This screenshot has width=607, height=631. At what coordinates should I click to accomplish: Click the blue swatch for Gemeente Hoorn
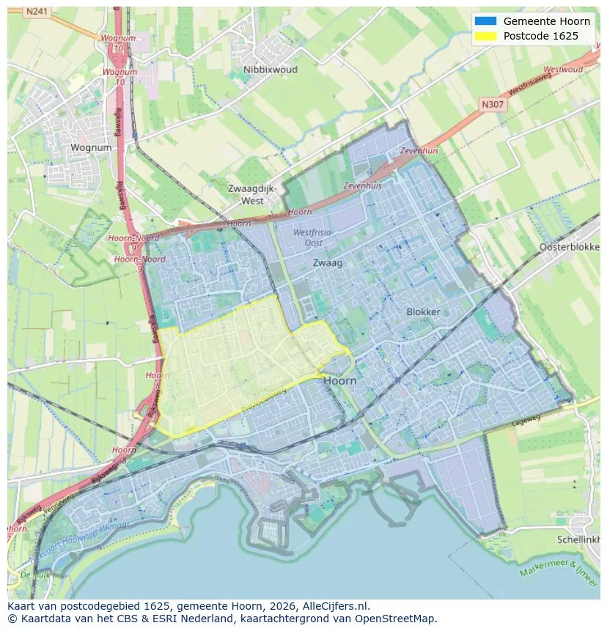click(x=485, y=21)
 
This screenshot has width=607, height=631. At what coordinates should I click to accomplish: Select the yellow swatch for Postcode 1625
click(x=485, y=36)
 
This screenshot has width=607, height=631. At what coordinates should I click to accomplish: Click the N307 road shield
click(x=493, y=105)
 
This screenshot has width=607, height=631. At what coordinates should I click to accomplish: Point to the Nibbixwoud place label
click(x=253, y=70)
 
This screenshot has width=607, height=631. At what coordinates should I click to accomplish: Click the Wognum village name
click(x=92, y=147)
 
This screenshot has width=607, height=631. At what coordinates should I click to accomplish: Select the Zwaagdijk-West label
click(x=252, y=194)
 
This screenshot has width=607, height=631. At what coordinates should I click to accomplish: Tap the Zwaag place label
click(x=327, y=262)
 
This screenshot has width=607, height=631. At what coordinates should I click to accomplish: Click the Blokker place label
click(x=423, y=311)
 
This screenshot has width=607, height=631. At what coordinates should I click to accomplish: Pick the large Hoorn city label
click(x=339, y=381)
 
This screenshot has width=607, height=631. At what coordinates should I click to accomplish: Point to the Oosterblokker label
click(x=569, y=247)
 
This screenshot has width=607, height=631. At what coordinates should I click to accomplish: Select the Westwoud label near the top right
click(x=564, y=70)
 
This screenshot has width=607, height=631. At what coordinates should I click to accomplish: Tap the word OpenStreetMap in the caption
click(x=400, y=619)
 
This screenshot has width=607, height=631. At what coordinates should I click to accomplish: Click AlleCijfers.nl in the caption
click(x=336, y=606)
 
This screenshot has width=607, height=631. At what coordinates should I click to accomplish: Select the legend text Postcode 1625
click(x=540, y=36)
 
